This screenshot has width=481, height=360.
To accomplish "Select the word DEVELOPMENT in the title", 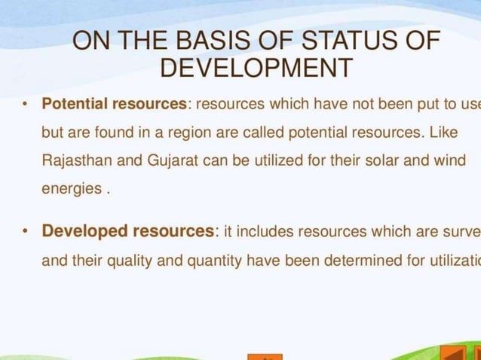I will click(256, 69).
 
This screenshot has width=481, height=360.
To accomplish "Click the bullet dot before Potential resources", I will click(24, 103).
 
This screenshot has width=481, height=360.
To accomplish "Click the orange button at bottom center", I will click(265, 356).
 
